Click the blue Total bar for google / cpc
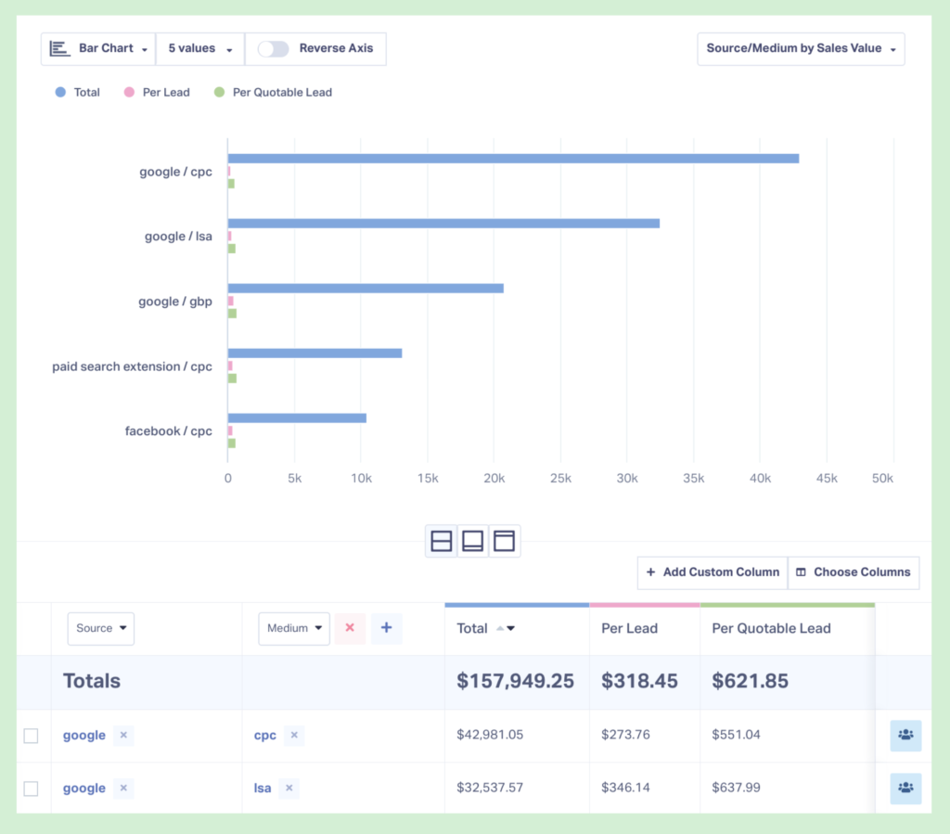[x=513, y=159]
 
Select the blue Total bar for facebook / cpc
[x=297, y=418]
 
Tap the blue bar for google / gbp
[x=366, y=289]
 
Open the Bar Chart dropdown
[x=99, y=48]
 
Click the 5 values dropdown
[x=199, y=48]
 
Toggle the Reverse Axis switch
[x=273, y=49]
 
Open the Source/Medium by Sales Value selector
[x=801, y=48]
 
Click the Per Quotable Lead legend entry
[x=281, y=93]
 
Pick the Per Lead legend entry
[x=165, y=93]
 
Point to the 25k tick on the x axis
[x=560, y=479]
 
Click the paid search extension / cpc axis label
[x=132, y=366]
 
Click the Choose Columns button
[x=854, y=572]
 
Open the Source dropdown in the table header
[x=101, y=628]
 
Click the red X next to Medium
[x=350, y=628]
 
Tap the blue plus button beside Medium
[x=386, y=628]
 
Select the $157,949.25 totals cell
[x=515, y=681]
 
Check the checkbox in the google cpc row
[x=31, y=736]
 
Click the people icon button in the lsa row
[x=905, y=788]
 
